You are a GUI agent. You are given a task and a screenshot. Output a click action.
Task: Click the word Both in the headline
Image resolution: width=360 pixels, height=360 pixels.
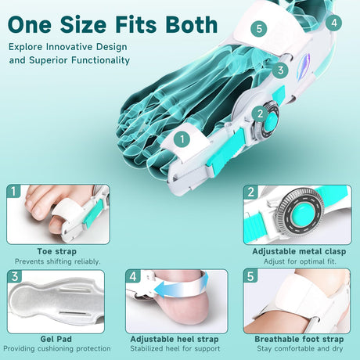click(192, 25)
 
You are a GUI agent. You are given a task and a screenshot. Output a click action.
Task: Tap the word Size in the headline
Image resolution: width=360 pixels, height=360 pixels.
click(83, 25)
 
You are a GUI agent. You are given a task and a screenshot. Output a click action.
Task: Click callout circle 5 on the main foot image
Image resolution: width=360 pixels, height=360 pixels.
click(259, 28)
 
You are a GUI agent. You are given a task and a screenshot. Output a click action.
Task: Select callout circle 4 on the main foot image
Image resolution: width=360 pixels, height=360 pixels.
click(334, 23)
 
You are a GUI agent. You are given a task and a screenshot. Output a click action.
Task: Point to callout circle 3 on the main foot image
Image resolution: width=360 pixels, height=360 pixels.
click(280, 70)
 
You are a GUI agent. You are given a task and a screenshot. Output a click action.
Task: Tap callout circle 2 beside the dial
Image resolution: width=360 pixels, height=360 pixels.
click(260, 113)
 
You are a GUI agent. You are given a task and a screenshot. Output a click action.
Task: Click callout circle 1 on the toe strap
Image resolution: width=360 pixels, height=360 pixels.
click(182, 139)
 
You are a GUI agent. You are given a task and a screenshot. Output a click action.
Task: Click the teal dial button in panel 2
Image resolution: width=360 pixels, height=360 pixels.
click(301, 214)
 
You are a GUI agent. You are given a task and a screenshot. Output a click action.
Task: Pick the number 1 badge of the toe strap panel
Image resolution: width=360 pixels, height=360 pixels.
click(13, 191)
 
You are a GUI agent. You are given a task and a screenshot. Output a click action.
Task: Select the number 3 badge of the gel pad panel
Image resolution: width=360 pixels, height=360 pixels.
click(15, 276)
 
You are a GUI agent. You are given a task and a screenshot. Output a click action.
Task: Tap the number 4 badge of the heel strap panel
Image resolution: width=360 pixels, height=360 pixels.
click(133, 276)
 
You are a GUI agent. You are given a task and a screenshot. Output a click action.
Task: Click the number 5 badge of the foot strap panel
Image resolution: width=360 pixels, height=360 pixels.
click(250, 276)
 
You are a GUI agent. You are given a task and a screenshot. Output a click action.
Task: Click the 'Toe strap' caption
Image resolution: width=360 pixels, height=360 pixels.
click(57, 251)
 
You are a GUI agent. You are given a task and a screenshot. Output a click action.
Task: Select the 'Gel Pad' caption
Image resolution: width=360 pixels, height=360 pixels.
click(56, 339)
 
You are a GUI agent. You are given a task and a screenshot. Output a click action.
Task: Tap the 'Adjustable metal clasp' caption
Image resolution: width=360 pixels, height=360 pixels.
click(299, 251)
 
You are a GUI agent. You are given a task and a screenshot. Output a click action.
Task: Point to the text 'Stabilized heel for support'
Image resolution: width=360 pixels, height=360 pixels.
click(175, 348)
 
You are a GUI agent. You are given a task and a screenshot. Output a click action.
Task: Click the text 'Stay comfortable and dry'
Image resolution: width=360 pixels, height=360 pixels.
click(300, 348)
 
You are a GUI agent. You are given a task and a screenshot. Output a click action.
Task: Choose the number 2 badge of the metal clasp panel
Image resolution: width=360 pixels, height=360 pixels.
click(250, 192)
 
